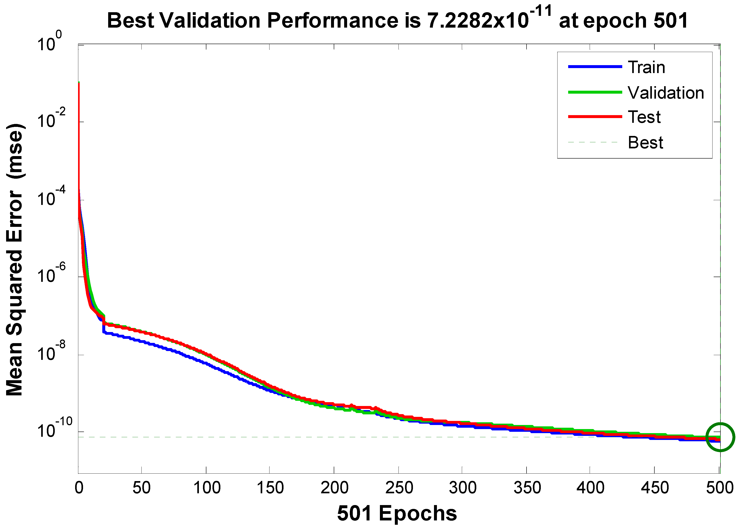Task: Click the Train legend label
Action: tap(646, 67)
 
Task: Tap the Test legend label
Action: tap(644, 117)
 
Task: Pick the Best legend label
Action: tap(645, 142)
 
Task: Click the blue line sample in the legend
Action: tap(595, 66)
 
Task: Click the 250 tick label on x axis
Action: tap(399, 488)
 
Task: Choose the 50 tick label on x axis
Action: tap(141, 488)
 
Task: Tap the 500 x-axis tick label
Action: tap(720, 488)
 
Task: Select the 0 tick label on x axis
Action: tap(79, 488)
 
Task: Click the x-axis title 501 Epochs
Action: tap(397, 513)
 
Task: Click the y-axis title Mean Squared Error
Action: tap(15, 260)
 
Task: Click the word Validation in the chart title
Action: tap(210, 21)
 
